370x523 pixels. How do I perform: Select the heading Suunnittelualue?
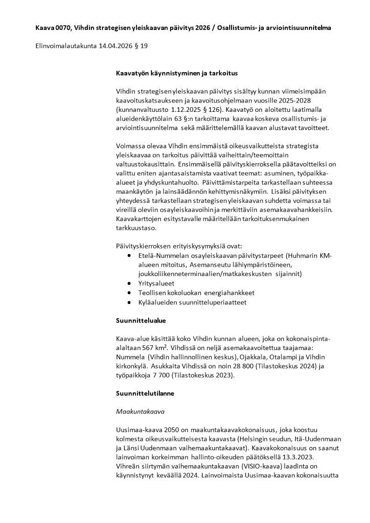(141, 321)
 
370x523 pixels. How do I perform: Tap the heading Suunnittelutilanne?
(145, 393)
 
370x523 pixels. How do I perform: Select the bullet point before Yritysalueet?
(129, 283)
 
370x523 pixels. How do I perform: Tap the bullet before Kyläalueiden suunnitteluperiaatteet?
(129, 302)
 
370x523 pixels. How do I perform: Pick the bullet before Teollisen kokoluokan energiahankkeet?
(129, 293)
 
